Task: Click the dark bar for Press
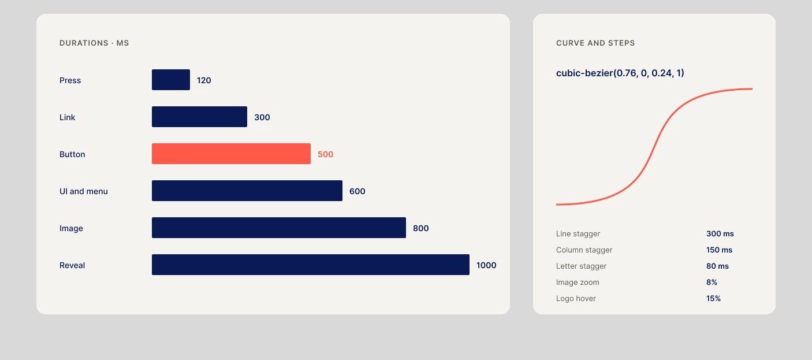pyautogui.click(x=171, y=80)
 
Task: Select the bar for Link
pyautogui.click(x=199, y=117)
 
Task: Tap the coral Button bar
pyautogui.click(x=231, y=154)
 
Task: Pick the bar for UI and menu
pyautogui.click(x=247, y=191)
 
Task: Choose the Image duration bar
pyautogui.click(x=279, y=228)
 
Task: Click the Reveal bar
pyautogui.click(x=311, y=265)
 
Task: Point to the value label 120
pyautogui.click(x=204, y=80)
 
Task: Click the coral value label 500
pyautogui.click(x=326, y=154)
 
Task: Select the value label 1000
pyautogui.click(x=486, y=265)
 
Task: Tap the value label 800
pyautogui.click(x=421, y=228)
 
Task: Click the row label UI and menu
pyautogui.click(x=84, y=191)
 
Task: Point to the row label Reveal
pyautogui.click(x=72, y=265)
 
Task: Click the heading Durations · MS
pyautogui.click(x=94, y=43)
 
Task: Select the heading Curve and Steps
pyautogui.click(x=595, y=43)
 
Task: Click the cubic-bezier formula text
pyautogui.click(x=620, y=73)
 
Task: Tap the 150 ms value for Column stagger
pyautogui.click(x=719, y=250)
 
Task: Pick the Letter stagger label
pyautogui.click(x=581, y=266)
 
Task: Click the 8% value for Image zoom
pyautogui.click(x=712, y=282)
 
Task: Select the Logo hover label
pyautogui.click(x=576, y=298)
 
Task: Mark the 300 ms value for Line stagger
pyautogui.click(x=720, y=233)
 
